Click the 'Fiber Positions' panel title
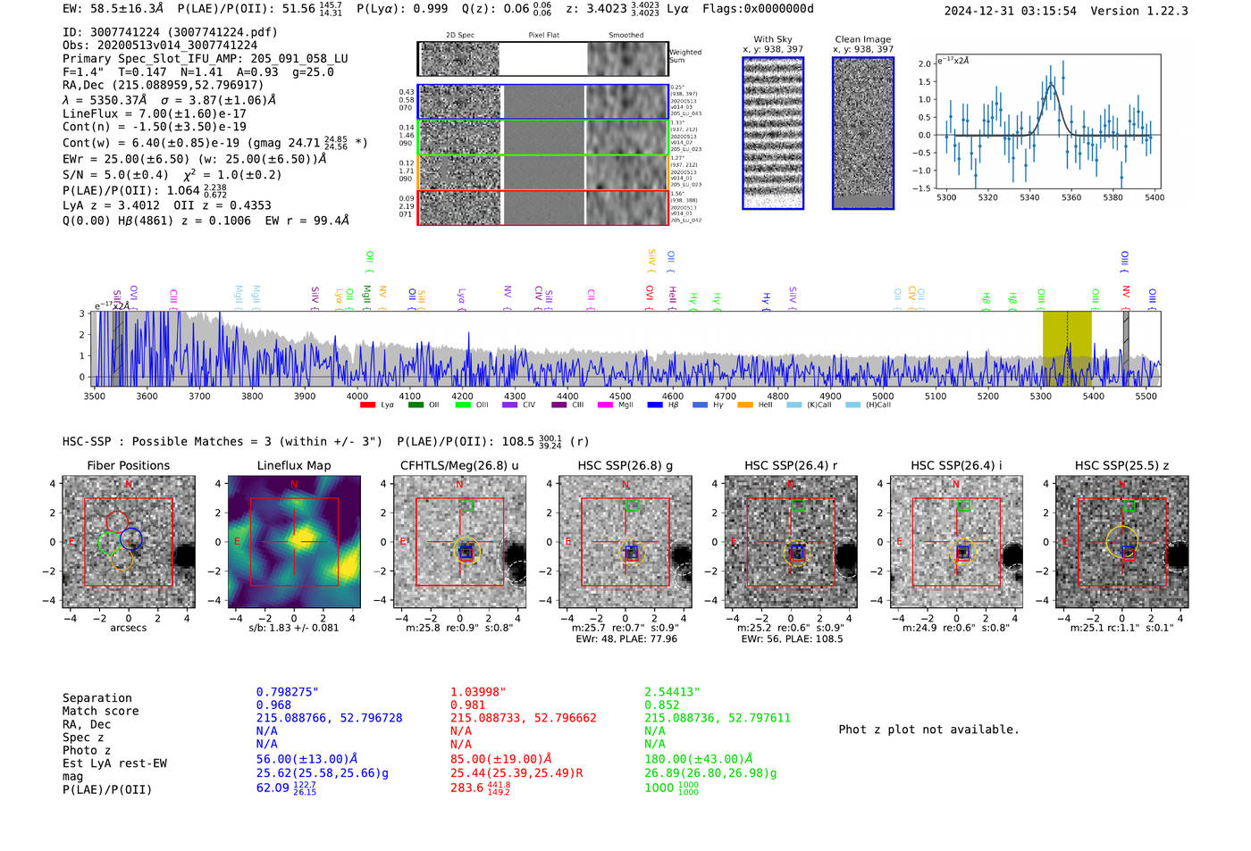tap(128, 465)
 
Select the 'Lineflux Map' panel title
tap(293, 465)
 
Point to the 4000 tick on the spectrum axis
tap(357, 396)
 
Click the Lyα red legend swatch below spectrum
tap(367, 405)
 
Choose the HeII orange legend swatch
tap(745, 405)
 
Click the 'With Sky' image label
tap(772, 39)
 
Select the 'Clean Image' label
tap(862, 39)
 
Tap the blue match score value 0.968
tap(273, 705)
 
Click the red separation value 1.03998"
tap(477, 692)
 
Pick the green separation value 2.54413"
tap(672, 692)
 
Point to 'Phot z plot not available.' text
tap(928, 730)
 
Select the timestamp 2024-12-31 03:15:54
tap(1010, 11)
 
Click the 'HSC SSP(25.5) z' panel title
tap(1121, 465)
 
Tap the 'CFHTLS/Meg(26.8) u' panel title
tap(459, 465)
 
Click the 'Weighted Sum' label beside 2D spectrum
tap(684, 56)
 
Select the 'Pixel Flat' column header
tap(543, 36)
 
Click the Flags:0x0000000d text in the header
tap(758, 9)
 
